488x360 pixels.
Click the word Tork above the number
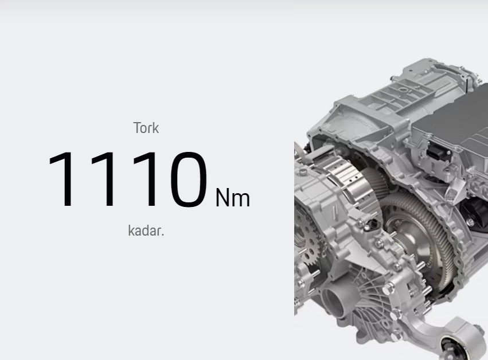click(146, 128)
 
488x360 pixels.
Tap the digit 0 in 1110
click(189, 179)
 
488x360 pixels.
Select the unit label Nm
click(232, 198)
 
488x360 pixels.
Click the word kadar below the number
click(145, 230)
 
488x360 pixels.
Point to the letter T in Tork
click(137, 128)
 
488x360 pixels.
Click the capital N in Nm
click(222, 197)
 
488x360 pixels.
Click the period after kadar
click(163, 235)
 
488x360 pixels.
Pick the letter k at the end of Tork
click(155, 128)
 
